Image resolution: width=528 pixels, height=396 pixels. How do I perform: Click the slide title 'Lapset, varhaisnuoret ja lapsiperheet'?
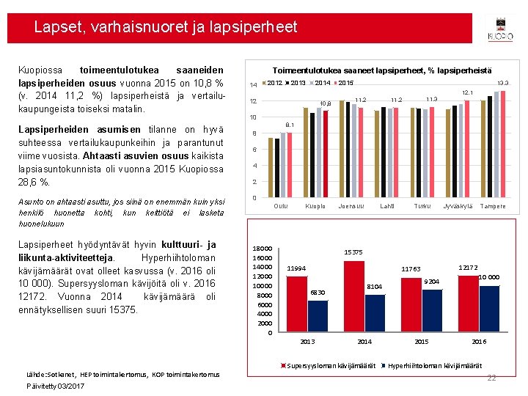166,28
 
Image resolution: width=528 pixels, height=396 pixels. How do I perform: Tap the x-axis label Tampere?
492,207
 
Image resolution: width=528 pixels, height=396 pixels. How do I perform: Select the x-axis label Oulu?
280,207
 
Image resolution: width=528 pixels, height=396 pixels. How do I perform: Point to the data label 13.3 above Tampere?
503,84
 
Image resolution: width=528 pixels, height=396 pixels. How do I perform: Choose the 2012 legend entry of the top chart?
274,83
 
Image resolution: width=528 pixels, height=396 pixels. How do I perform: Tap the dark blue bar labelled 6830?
318,317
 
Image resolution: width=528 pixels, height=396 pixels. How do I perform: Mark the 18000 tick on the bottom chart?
262,249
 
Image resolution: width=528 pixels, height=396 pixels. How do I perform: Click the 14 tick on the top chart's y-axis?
253,85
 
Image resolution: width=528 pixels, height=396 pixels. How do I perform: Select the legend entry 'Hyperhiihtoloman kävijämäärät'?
434,365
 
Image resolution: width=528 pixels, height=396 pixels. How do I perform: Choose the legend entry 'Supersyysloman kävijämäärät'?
331,365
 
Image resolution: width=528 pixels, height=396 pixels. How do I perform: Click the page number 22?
492,377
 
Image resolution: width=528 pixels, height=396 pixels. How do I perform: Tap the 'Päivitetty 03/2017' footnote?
56,386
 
